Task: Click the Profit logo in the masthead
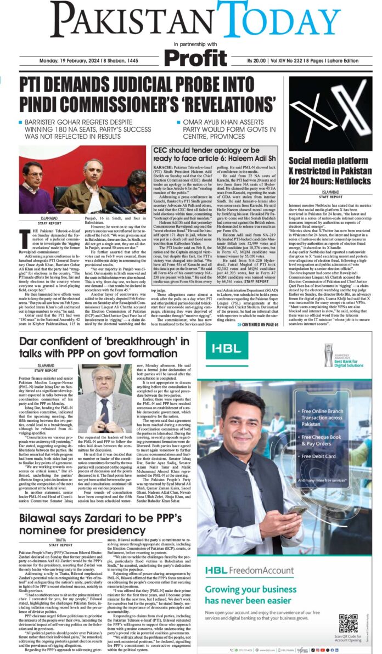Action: pyautogui.click(x=195, y=57)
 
